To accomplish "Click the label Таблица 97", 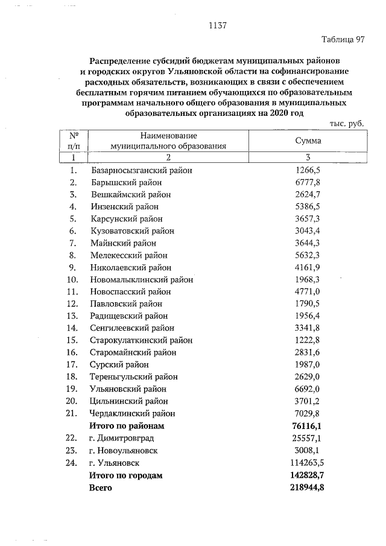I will click(x=343, y=40).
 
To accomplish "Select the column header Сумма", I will click(x=308, y=141).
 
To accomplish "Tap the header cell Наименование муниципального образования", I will click(x=168, y=141).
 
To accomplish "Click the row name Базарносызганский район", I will click(x=142, y=170).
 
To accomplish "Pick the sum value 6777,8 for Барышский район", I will click(x=308, y=182).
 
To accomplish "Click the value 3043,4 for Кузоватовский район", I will click(x=308, y=230).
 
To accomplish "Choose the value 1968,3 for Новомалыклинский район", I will click(x=308, y=279).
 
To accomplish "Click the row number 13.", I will click(x=72, y=316).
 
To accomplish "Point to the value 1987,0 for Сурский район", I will click(x=308, y=364).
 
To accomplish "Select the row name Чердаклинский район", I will click(x=133, y=413).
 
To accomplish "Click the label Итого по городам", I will click(x=126, y=475).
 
